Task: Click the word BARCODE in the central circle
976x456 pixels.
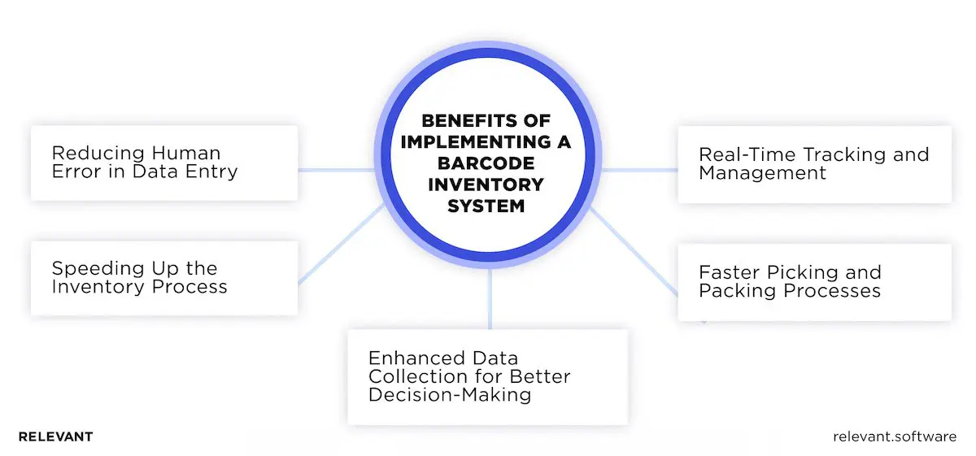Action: point(486,163)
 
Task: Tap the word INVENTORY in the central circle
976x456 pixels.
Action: point(486,185)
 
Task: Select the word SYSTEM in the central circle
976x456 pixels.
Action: point(486,206)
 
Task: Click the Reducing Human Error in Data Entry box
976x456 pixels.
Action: point(164,163)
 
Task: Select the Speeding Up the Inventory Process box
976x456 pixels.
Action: point(164,277)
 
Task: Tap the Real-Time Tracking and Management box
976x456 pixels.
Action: point(814,164)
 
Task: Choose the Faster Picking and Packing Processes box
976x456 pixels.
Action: point(814,282)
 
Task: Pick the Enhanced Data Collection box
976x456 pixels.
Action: point(487,376)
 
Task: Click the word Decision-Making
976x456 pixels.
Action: point(450,395)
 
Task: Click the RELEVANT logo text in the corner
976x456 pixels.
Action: point(55,436)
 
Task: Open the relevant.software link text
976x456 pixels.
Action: point(895,436)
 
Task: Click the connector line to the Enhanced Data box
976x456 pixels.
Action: point(490,301)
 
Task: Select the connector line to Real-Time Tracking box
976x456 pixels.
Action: point(639,171)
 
